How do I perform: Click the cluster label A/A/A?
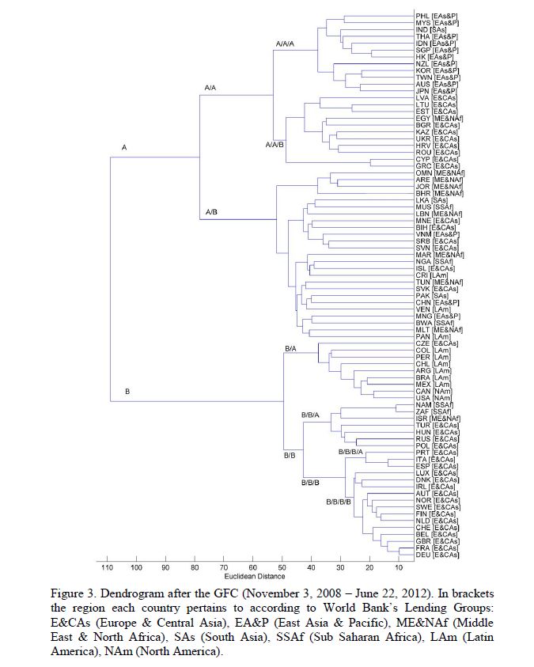click(285, 44)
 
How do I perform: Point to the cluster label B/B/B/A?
click(350, 450)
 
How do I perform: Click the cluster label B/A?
click(290, 348)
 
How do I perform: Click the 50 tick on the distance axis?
click(282, 567)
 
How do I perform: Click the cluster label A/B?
click(211, 212)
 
